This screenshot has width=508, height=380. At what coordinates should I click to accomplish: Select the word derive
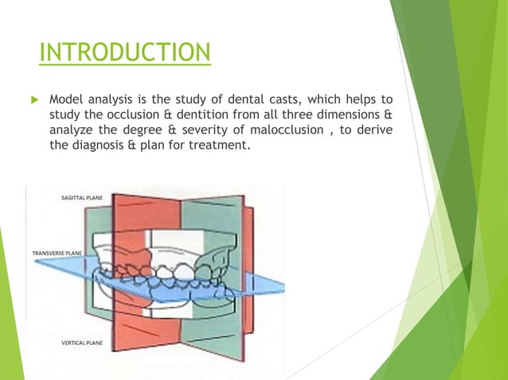point(373,131)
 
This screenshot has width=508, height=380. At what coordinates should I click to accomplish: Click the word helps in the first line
point(356,101)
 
